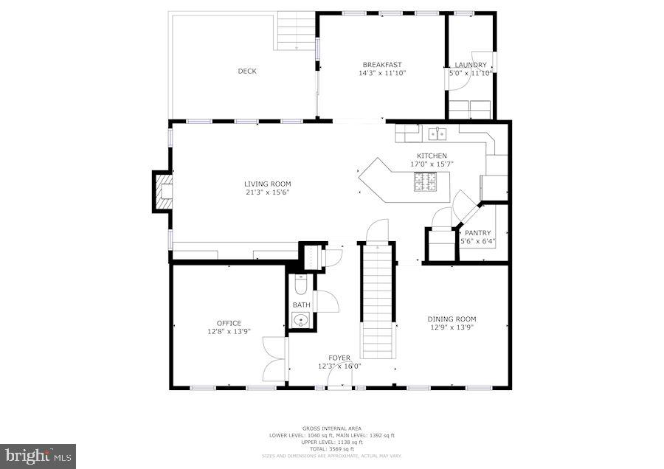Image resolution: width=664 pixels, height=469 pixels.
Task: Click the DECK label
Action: [247, 72]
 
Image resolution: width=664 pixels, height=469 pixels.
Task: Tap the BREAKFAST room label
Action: [382, 65]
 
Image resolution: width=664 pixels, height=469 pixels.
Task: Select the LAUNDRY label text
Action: [471, 65]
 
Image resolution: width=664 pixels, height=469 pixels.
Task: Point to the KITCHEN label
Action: [432, 156]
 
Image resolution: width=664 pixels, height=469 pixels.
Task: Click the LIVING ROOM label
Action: [268, 184]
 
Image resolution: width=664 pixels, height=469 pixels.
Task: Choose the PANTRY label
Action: [478, 233]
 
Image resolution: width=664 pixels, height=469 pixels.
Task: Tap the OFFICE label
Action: [229, 323]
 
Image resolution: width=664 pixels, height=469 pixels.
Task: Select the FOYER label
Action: [339, 358]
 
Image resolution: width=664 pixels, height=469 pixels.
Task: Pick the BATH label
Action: [301, 305]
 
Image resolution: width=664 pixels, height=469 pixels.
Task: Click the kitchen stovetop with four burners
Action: [426, 181]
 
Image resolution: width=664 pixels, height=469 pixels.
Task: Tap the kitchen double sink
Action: [438, 133]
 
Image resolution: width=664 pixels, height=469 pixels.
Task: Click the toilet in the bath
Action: [300, 284]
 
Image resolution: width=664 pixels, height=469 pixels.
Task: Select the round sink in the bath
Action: [300, 320]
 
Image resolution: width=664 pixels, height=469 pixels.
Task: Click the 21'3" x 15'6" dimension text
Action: [268, 192]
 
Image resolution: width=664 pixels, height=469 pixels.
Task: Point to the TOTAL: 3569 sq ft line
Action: [331, 449]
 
